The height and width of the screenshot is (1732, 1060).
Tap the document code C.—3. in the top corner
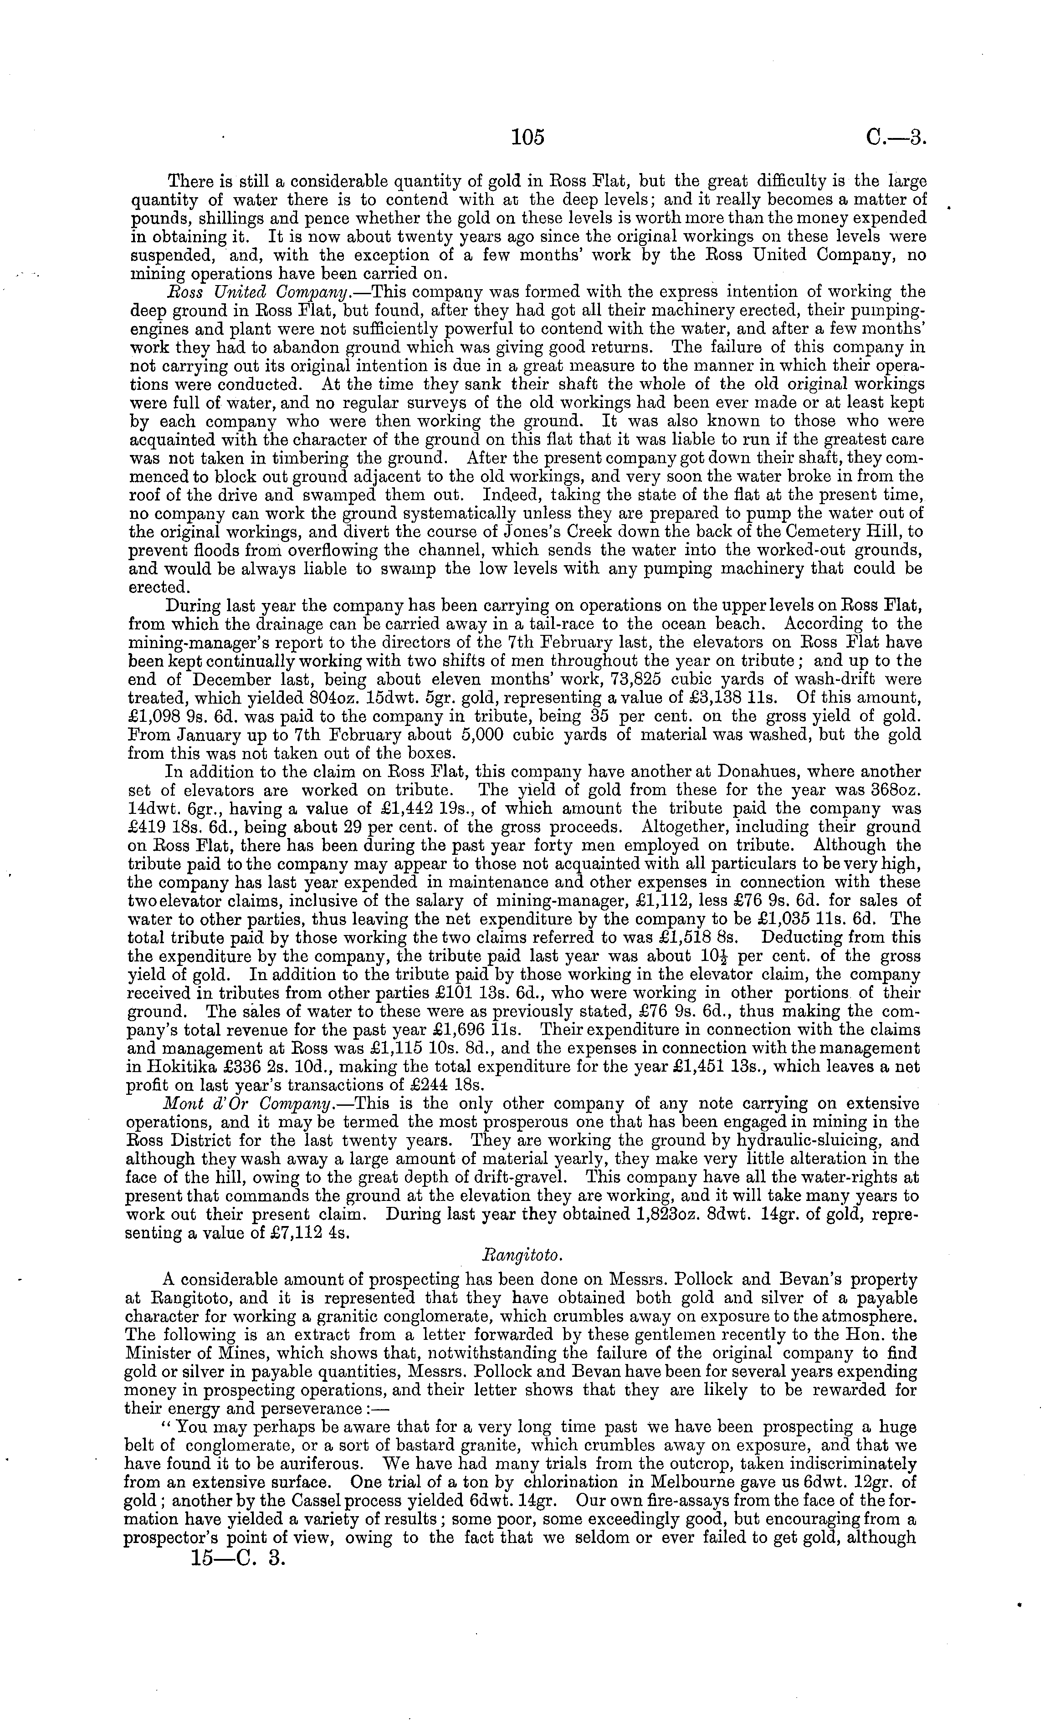pyautogui.click(x=897, y=138)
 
